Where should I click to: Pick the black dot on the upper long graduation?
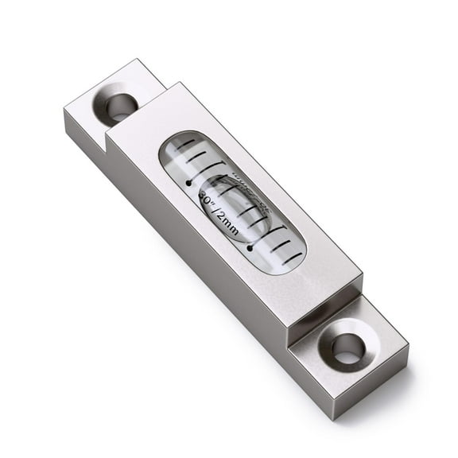[188, 182]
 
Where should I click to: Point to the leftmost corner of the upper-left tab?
[64, 113]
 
